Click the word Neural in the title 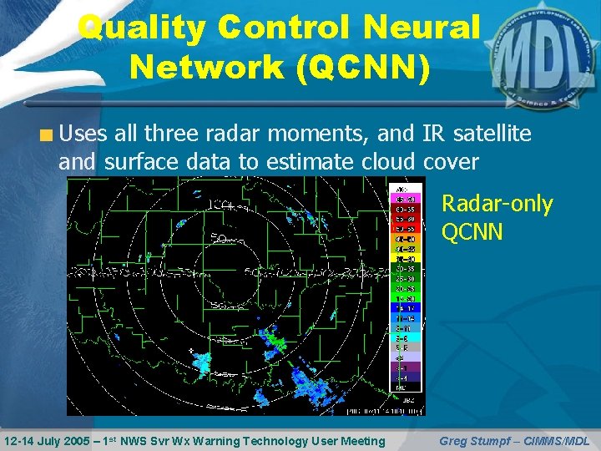click(423, 28)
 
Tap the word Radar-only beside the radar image click(497, 204)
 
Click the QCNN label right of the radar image click(472, 231)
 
